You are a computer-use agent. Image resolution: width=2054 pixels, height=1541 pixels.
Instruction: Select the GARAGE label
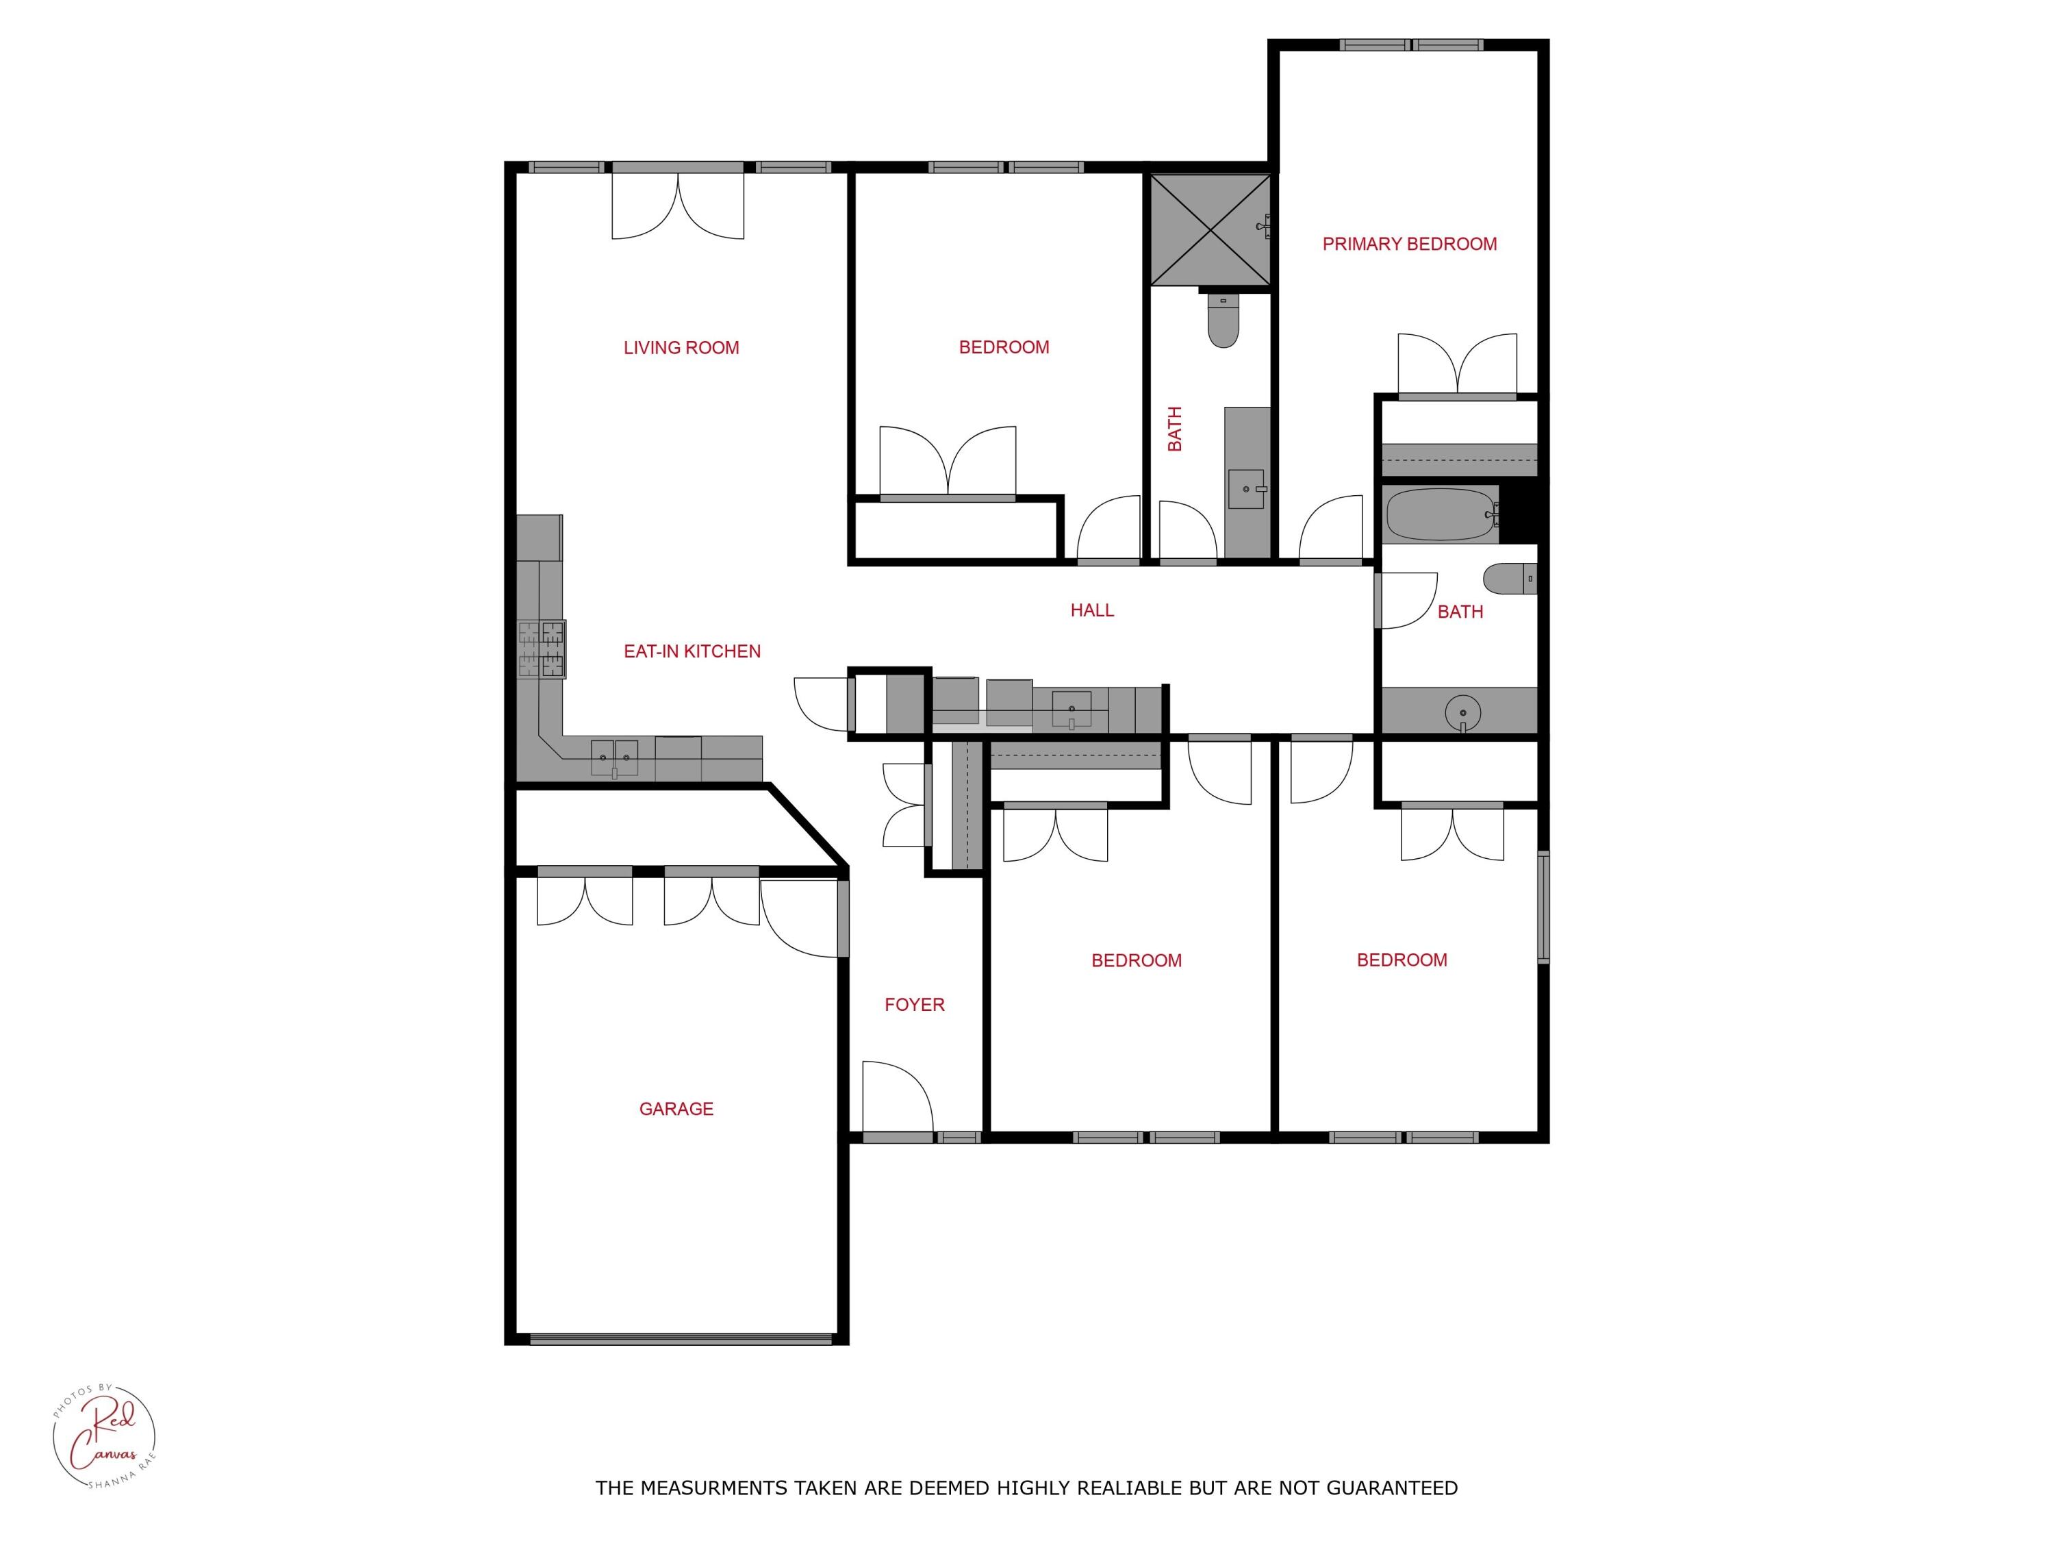click(676, 1109)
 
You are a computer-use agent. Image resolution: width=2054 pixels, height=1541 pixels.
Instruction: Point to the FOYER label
click(914, 1005)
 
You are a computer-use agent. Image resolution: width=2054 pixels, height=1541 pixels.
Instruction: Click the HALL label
click(1091, 610)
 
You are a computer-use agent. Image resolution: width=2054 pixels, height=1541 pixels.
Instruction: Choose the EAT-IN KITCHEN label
click(692, 652)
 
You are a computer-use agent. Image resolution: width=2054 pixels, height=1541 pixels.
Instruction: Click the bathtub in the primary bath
click(1439, 514)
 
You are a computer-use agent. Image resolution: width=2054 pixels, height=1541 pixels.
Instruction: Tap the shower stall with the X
click(1209, 229)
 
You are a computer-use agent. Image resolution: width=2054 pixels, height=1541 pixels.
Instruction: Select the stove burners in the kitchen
click(542, 649)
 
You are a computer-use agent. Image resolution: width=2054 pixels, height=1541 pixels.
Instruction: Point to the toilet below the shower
click(1223, 321)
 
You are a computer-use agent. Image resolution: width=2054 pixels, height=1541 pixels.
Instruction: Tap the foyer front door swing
click(897, 1096)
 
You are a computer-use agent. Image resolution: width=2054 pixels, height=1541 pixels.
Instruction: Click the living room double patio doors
click(678, 204)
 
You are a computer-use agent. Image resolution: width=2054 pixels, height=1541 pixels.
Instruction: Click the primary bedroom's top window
click(1410, 45)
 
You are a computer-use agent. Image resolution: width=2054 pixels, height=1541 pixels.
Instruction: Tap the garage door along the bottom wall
click(680, 1338)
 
